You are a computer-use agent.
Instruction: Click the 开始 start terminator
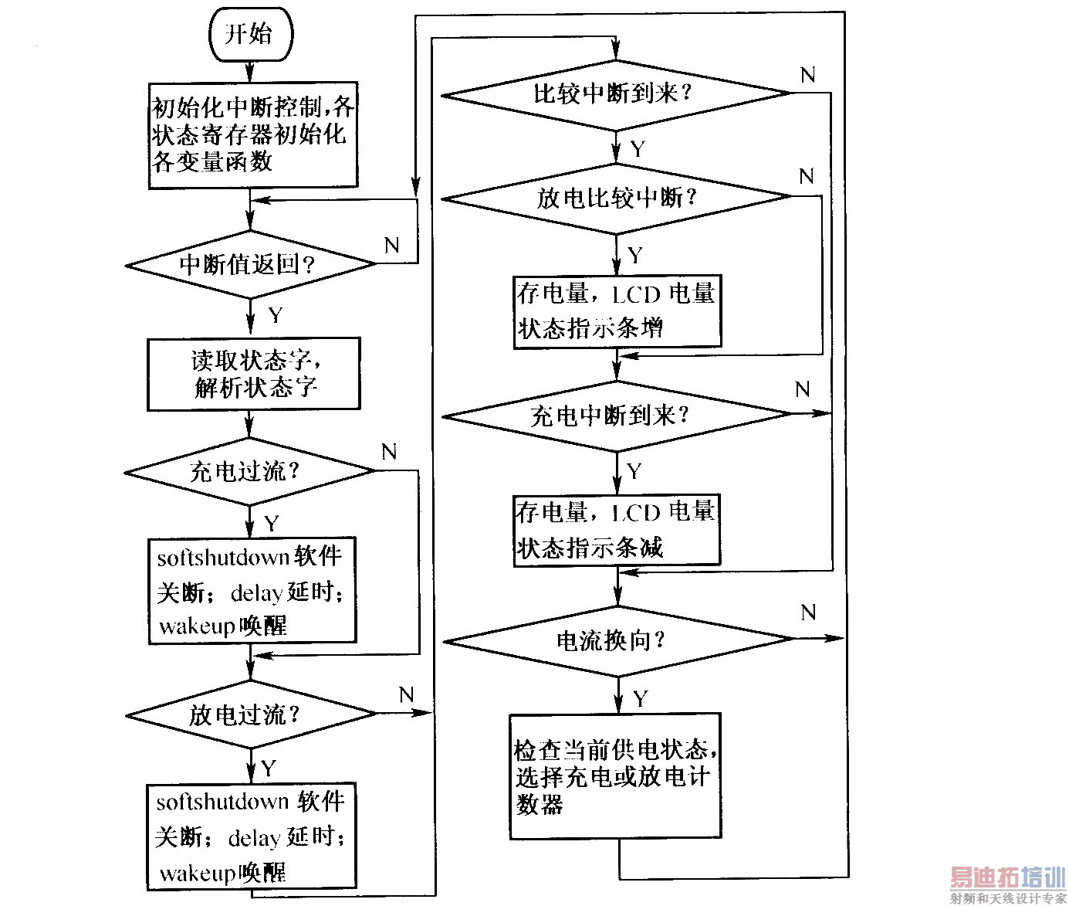(250, 34)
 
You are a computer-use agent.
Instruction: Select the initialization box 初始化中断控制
(252, 135)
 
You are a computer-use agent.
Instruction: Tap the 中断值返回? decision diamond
(250, 264)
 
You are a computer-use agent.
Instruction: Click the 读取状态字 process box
(253, 374)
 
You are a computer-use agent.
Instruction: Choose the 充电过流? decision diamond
(249, 471)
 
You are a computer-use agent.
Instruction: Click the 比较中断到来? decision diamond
(615, 94)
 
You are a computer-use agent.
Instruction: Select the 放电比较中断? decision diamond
(616, 198)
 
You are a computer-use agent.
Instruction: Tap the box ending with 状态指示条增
(617, 311)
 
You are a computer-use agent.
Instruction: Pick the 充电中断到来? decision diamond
(616, 416)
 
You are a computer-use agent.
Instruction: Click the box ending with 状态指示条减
(617, 531)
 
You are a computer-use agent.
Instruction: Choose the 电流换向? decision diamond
(617, 640)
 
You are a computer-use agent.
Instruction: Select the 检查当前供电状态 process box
(615, 776)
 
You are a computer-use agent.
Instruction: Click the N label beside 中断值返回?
(391, 246)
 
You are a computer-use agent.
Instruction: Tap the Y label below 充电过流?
(271, 524)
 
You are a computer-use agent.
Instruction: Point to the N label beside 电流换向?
(807, 613)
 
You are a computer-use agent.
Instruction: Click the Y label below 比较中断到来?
(638, 148)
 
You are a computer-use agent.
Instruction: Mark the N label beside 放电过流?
(406, 695)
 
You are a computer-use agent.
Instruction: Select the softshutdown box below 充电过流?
(252, 591)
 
